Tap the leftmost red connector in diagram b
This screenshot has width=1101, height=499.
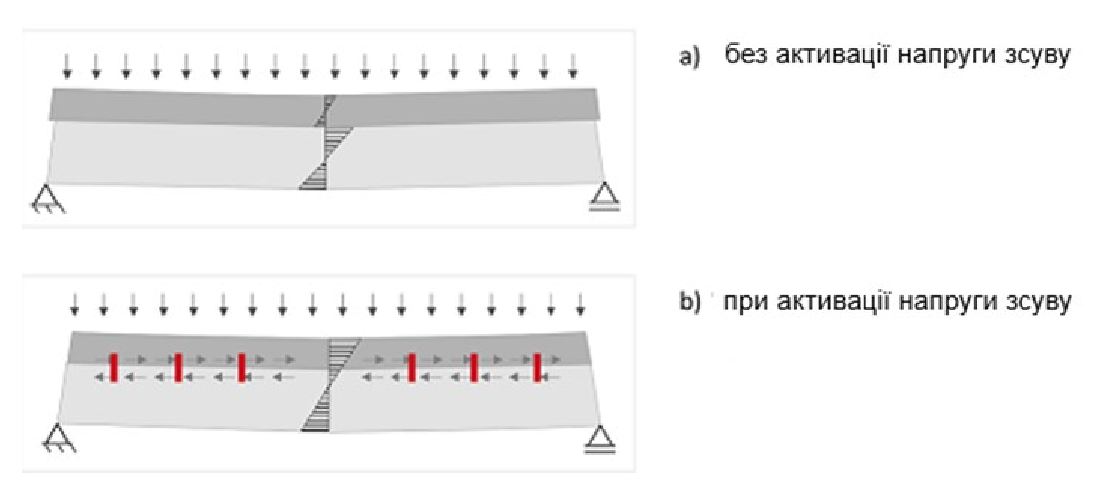[x=114, y=368]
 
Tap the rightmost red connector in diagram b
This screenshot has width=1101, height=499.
[x=537, y=368]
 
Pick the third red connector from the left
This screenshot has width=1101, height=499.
[x=241, y=368]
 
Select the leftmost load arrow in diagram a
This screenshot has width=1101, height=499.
[x=66, y=66]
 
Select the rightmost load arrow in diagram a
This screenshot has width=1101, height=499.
[x=573, y=66]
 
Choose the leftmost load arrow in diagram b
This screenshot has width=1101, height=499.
[x=73, y=303]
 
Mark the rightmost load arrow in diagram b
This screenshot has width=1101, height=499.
[x=580, y=303]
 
